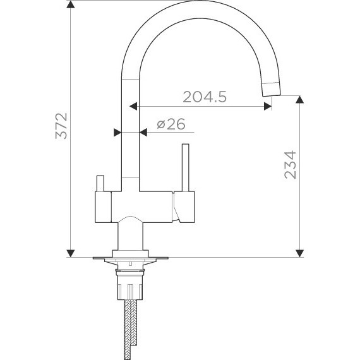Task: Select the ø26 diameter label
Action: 170,124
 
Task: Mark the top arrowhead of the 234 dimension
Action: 299,99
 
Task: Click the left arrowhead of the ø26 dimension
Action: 116,132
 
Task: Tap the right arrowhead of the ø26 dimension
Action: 143,132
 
